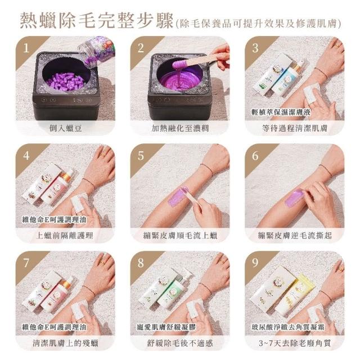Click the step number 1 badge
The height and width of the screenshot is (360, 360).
tap(26, 48)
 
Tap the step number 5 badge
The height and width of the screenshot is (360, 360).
tap(141, 156)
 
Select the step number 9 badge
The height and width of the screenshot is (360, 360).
tap(255, 263)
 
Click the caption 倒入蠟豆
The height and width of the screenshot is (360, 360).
tap(65, 128)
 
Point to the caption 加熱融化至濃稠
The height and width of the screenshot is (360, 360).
tap(180, 128)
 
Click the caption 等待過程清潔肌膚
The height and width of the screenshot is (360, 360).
tap(295, 128)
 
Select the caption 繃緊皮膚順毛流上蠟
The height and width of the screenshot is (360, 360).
tap(180, 235)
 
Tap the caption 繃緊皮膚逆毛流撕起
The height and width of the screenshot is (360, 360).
tap(295, 235)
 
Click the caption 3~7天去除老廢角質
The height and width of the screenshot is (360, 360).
tap(295, 343)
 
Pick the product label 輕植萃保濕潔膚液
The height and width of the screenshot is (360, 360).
tap(281, 112)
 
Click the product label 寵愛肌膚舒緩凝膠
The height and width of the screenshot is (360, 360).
tap(166, 327)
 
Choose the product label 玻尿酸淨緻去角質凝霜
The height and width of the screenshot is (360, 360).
tap(287, 327)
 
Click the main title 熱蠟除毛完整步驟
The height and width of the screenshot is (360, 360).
tap(96, 21)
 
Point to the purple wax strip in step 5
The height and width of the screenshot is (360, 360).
tap(178, 196)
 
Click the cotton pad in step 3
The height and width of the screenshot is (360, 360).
tap(311, 92)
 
